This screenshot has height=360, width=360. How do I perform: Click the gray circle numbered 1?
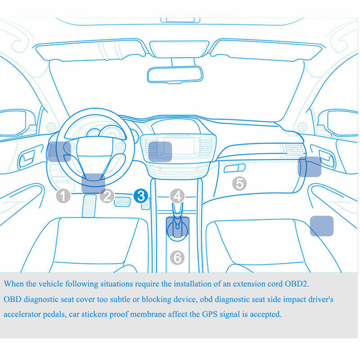pyautogui.click(x=63, y=196)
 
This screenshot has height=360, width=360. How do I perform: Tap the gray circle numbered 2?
pyautogui.click(x=107, y=196)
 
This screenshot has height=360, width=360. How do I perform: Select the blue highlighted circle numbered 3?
pyautogui.click(x=141, y=196)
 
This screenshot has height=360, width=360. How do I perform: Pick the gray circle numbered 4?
pyautogui.click(x=177, y=196)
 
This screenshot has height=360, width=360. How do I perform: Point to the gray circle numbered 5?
pyautogui.click(x=239, y=184)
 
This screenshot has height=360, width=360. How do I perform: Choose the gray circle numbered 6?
pyautogui.click(x=177, y=257)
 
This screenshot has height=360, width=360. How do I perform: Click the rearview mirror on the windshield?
pyautogui.click(x=175, y=75)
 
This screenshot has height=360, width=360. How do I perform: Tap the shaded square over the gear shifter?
pyautogui.click(x=178, y=226)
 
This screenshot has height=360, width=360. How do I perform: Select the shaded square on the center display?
pyautogui.click(x=160, y=152)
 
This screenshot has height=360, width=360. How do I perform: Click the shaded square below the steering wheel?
pyautogui.click(x=93, y=183)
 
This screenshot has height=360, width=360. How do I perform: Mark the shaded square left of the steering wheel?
pyautogui.click(x=59, y=152)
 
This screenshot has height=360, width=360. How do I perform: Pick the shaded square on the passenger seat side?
pyautogui.click(x=322, y=226)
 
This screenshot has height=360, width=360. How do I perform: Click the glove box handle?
pyautogui.click(x=234, y=168)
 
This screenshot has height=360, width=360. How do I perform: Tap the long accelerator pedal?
pyautogui.click(x=89, y=206)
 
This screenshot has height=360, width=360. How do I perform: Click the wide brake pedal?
pyautogui.click(x=122, y=202)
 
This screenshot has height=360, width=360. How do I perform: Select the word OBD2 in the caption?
pyautogui.click(x=297, y=284)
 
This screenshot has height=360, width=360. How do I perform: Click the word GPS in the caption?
pyautogui.click(x=210, y=314)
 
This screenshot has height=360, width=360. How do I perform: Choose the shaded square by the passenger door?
pyautogui.click(x=310, y=166)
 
